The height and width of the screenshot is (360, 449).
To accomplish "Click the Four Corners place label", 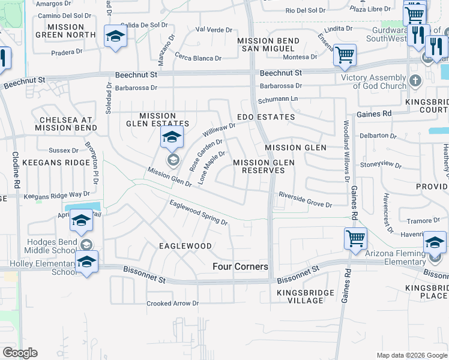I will coord(240,266).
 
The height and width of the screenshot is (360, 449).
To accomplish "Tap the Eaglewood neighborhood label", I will coord(185,246).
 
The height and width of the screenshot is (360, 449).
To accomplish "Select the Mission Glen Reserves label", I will coord(264,166).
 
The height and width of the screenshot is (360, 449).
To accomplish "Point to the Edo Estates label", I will coord(266,117).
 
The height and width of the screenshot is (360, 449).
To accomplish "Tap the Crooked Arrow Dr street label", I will coord(172,304).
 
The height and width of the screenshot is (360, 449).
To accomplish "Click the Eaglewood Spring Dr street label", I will coord(199,213).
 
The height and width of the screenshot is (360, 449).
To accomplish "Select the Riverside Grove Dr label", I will coord(305,200).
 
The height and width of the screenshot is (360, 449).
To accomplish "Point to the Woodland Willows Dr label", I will coord(346,152).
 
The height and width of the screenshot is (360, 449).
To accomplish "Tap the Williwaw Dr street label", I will coord(218,129).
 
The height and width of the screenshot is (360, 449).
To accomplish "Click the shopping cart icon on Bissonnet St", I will coord(355,238).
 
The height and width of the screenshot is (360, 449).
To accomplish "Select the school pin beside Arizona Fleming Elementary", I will coord(435,243).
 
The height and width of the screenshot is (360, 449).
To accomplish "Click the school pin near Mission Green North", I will coord(115,37).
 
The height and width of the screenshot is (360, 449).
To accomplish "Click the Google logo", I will coord(20,353).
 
